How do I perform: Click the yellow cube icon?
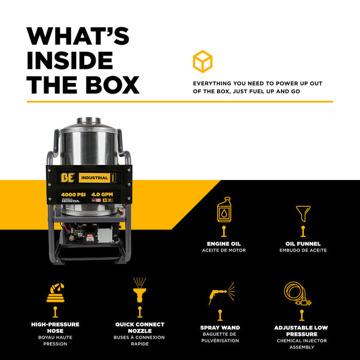(x=203, y=61)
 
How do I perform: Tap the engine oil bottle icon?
(x=224, y=209)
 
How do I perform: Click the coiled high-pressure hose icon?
(x=55, y=292)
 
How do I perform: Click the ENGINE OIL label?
(x=224, y=244)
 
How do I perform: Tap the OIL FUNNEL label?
(x=303, y=244)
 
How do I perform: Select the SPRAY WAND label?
(x=220, y=328)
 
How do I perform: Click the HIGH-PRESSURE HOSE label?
(x=55, y=324)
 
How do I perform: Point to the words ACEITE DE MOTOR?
(x=224, y=250)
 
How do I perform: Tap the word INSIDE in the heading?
(x=70, y=60)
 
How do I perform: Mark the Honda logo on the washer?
(x=73, y=201)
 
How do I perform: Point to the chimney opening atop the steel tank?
(x=88, y=121)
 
